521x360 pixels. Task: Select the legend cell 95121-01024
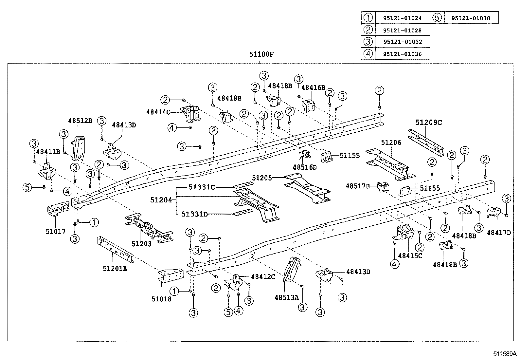[402, 18]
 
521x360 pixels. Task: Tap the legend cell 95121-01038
[471, 18]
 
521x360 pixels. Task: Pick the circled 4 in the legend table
[368, 54]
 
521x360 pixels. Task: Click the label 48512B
[80, 121]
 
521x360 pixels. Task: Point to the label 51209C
[429, 123]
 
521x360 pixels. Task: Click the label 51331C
[202, 187]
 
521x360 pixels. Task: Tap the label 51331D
[194, 214]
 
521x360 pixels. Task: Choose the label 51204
[161, 199]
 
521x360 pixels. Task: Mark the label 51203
[141, 244]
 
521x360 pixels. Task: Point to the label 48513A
[287, 297]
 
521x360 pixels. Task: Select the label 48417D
[499, 233]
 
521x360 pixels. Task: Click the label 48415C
[410, 256]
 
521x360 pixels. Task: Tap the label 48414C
[158, 112]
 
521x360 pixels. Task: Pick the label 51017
[56, 231]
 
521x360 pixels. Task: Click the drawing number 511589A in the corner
[505, 354]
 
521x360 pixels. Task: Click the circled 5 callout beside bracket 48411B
[27, 187]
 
